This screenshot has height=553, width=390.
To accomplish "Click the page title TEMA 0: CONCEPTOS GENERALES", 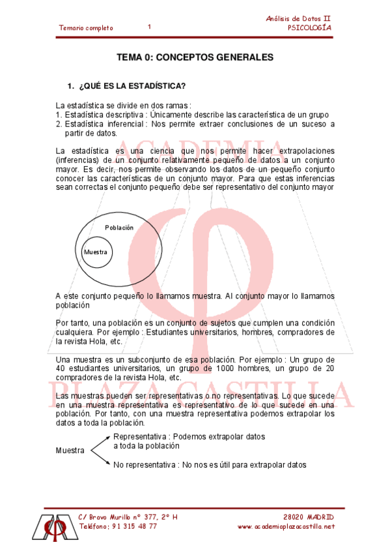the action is (195, 57).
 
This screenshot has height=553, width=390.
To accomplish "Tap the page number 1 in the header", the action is (149, 27).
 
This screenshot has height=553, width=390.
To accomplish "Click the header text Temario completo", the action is (86, 28).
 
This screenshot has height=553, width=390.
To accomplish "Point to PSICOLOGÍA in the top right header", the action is (310, 28).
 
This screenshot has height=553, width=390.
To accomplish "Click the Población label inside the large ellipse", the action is (119, 228).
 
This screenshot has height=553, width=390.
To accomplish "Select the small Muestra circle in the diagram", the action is (95, 252).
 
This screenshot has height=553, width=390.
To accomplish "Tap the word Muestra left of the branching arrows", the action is (70, 451).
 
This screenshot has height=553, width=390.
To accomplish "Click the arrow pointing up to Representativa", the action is (100, 442).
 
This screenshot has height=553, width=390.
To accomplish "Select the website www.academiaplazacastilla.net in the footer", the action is (286, 527).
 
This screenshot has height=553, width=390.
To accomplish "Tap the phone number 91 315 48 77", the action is (134, 527).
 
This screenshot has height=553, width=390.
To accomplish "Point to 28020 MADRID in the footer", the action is (310, 517).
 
